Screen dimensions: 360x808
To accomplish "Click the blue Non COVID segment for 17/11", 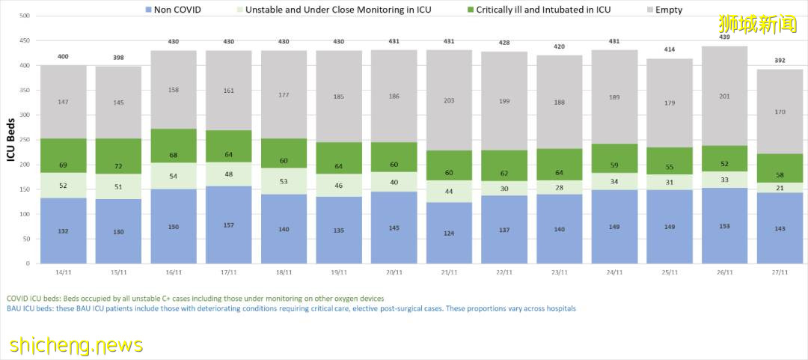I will (229, 225).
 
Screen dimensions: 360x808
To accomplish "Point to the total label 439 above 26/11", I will (725, 38).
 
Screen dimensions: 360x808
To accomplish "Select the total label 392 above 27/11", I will (780, 61).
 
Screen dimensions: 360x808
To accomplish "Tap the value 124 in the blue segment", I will (450, 233).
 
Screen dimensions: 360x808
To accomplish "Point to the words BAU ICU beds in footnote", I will (31, 308).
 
